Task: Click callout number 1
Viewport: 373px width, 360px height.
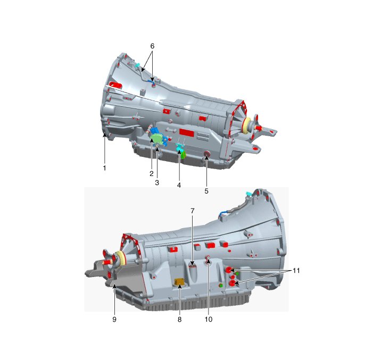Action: (104, 168)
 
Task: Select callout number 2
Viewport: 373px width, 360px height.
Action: (152, 173)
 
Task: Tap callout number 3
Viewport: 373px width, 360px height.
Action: (157, 182)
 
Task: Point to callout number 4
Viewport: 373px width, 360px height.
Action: (179, 185)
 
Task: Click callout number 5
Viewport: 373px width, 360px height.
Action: (206, 191)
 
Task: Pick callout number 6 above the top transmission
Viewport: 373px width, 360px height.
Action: (152, 46)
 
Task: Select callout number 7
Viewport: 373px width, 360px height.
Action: (193, 211)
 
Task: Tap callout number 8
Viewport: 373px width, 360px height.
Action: (179, 320)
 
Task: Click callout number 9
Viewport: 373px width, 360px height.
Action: (114, 320)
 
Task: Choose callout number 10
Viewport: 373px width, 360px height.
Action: (209, 320)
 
